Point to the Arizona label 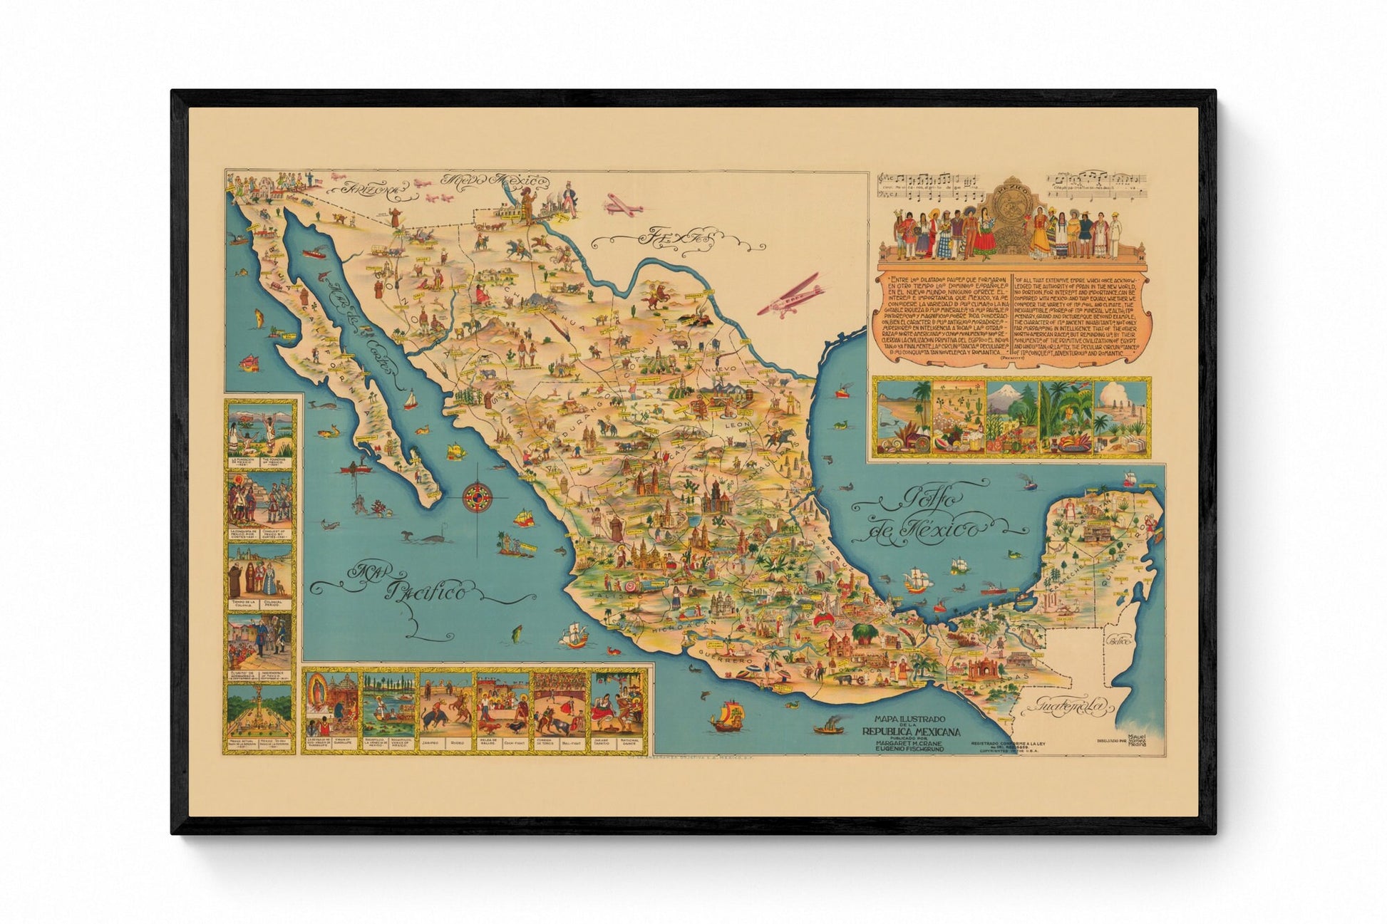[x=367, y=189]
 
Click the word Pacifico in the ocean [x=427, y=591]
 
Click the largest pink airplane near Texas [x=791, y=299]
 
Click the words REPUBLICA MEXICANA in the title [x=911, y=732]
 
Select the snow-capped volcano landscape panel [x=1012, y=417]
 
